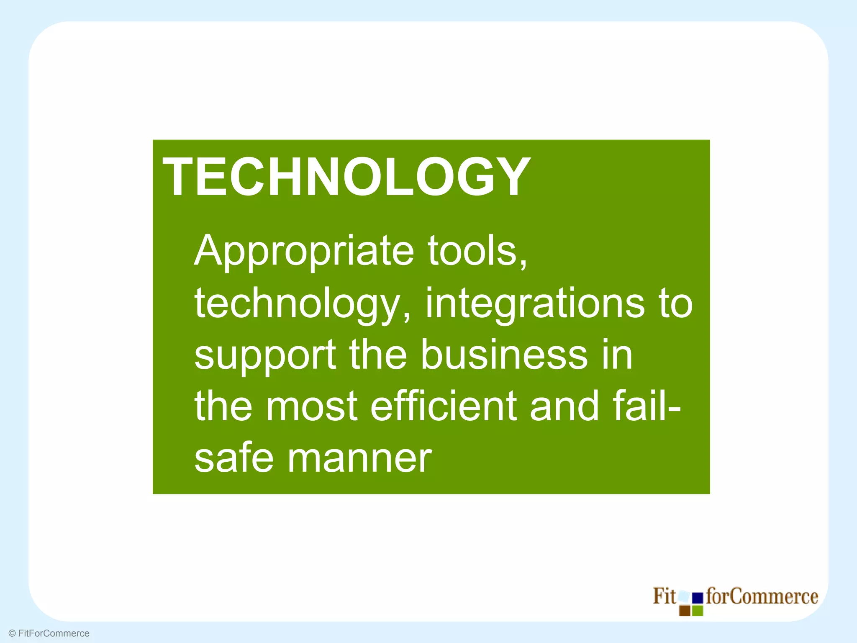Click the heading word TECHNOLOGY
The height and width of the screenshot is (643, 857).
(x=346, y=177)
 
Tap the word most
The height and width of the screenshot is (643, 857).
(x=311, y=406)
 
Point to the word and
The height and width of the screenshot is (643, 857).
(x=564, y=406)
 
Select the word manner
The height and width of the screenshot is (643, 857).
(x=359, y=458)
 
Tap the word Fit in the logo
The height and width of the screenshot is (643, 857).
(x=664, y=596)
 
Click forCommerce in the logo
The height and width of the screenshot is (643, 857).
(x=762, y=596)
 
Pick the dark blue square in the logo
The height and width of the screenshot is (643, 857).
(x=697, y=598)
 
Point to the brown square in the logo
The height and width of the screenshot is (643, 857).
(x=685, y=611)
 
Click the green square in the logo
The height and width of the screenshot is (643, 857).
(x=697, y=611)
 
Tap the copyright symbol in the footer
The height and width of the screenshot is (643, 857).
(x=12, y=633)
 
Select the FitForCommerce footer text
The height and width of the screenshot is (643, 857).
(x=54, y=633)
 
